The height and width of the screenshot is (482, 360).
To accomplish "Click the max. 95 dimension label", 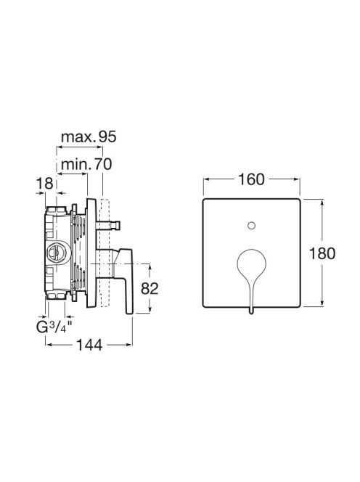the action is [89, 136].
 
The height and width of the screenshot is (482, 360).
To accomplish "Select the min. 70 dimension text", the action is [86, 165].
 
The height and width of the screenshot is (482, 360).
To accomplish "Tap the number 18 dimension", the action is [45, 184].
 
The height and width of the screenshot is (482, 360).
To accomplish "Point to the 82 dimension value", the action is [150, 289].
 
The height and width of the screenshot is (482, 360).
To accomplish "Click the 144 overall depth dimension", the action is [89, 345].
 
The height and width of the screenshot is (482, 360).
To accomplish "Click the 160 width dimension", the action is [251, 179].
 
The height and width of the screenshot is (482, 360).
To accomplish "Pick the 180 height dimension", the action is [322, 254].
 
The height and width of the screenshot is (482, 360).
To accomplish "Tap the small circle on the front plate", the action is [251, 226].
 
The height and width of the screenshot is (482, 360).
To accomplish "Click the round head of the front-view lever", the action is [251, 261].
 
